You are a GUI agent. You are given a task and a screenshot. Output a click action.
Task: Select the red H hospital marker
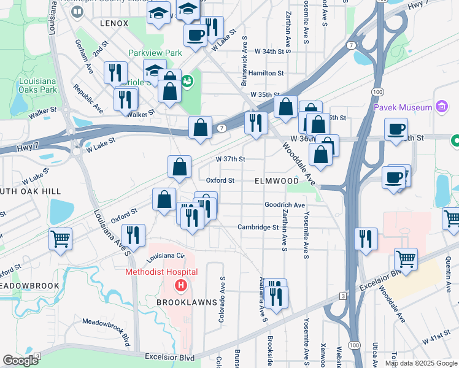(x=180, y=285)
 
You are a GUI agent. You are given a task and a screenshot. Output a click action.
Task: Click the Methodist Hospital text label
(x=161, y=272)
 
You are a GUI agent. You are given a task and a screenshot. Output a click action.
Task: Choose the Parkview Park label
(x=155, y=53)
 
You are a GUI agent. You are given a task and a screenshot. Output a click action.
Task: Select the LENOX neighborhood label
(x=114, y=23)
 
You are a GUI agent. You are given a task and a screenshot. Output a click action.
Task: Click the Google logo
(x=20, y=360)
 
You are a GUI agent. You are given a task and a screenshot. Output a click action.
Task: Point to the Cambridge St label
(x=258, y=227)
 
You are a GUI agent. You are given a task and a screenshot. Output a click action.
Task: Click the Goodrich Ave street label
(x=285, y=205)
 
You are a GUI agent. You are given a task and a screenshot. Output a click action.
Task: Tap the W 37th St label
(x=230, y=159)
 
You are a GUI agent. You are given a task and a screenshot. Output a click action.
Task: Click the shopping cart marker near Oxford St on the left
(x=60, y=239)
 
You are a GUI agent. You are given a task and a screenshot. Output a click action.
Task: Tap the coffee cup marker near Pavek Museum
(x=396, y=129)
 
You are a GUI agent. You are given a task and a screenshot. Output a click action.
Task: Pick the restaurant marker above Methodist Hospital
(x=133, y=235)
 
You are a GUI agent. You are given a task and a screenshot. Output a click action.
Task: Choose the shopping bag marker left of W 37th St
(x=179, y=166)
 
